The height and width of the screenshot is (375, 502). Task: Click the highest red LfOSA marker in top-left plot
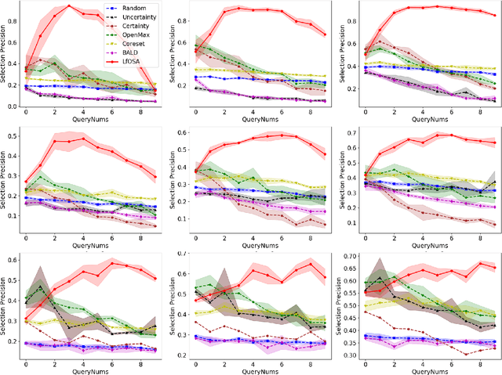click(x=69, y=6)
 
